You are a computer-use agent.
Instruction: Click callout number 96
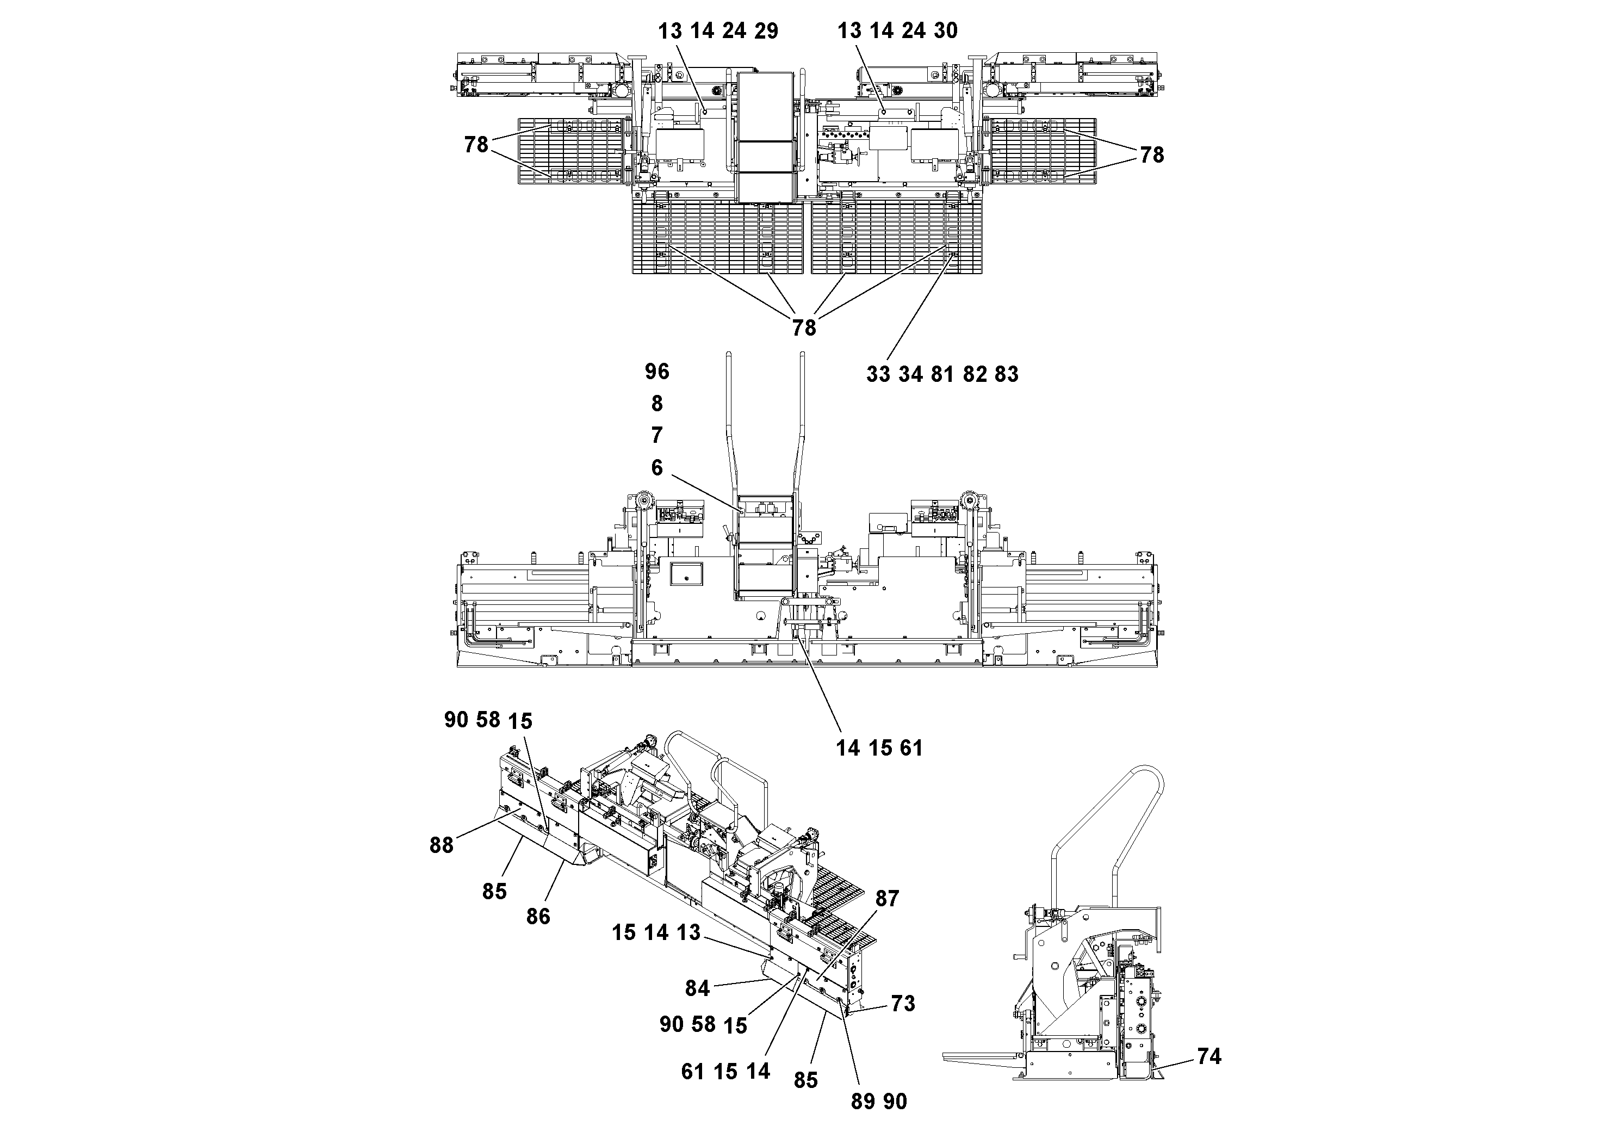[x=656, y=371]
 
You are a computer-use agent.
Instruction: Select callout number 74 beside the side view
[x=1208, y=1056]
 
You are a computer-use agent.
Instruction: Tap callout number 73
[x=903, y=1003]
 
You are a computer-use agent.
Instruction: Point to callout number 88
[x=442, y=845]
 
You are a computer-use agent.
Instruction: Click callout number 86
[x=538, y=916]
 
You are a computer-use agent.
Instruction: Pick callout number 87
[x=887, y=899]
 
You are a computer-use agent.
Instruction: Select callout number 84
[x=697, y=988]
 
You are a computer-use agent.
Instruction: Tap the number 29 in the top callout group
[x=766, y=31]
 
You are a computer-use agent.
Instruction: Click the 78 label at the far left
[x=476, y=145]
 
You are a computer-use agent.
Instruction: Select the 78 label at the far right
[x=1151, y=154]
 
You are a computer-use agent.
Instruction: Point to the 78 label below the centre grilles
[x=804, y=328]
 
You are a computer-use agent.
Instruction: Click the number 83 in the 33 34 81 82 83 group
[x=1006, y=374]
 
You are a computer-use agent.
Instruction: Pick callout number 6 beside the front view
[x=656, y=468]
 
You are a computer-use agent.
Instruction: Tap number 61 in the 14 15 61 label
[x=911, y=747]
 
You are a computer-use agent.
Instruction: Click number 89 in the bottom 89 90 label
[x=863, y=1102]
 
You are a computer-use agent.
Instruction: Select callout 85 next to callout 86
[x=494, y=892]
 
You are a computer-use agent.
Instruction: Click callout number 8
[x=656, y=404]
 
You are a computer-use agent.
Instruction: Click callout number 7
[x=656, y=435]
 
